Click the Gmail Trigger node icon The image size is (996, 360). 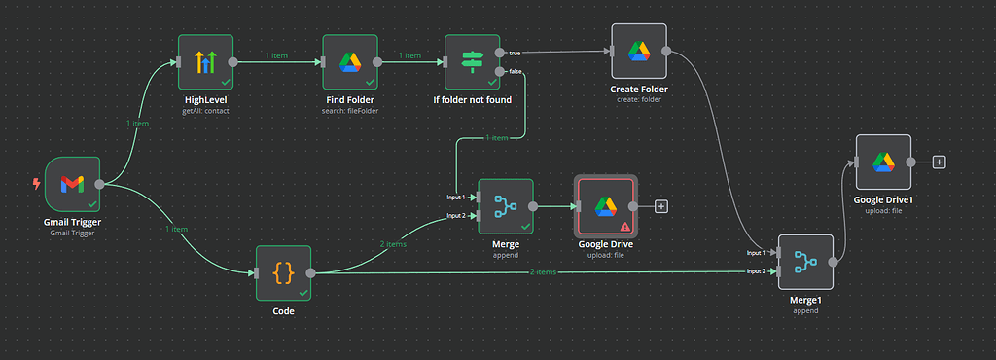[72, 183]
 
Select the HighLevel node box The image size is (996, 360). [206, 62]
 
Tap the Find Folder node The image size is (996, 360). [349, 62]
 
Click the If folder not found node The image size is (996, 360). [472, 62]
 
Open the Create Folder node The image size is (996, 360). [638, 52]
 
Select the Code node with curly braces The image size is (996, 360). [283, 273]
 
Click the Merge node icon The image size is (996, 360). [505, 206]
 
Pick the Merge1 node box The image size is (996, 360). [805, 262]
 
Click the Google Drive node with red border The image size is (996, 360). [605, 206]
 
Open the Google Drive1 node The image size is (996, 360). [882, 162]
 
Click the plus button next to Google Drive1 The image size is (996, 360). [939, 162]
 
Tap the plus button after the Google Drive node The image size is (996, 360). [661, 206]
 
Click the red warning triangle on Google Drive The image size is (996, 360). [624, 226]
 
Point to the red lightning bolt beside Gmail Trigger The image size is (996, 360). [36, 183]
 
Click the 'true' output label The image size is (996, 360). [515, 53]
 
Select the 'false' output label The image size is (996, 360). [516, 71]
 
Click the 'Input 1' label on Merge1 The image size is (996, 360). [756, 252]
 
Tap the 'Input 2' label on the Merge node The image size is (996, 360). [455, 215]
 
